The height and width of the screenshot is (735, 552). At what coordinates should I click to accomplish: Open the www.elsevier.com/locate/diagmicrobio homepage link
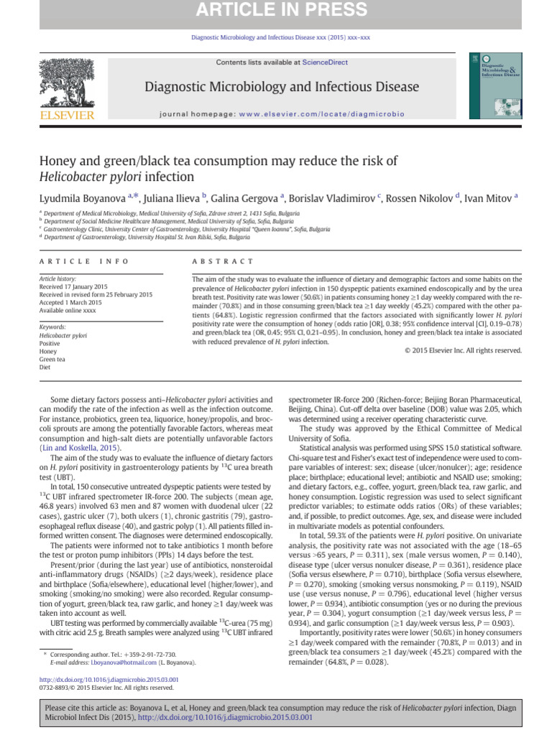tap(321, 113)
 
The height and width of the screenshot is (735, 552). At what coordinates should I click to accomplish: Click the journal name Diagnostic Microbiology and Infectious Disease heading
tap(282, 87)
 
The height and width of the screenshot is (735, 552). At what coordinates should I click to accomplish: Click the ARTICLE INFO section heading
tap(84, 262)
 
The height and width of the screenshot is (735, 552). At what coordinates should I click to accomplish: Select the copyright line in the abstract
tap(463, 350)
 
